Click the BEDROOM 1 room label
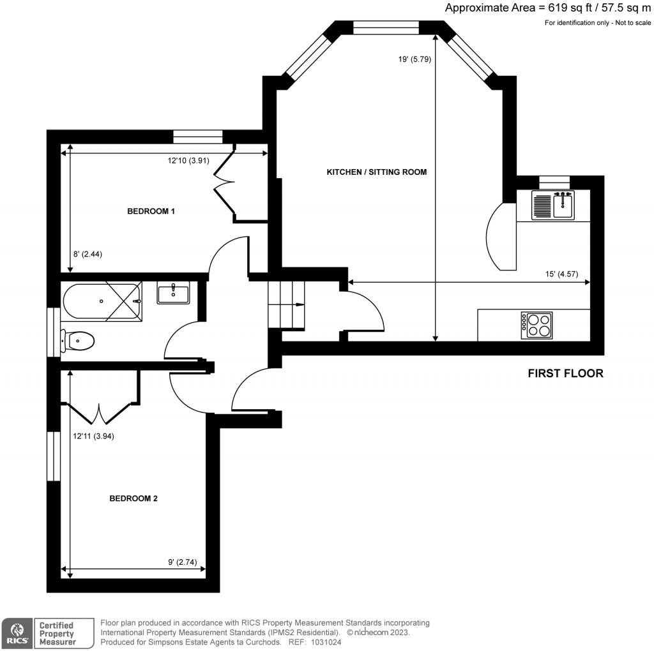(x=151, y=211)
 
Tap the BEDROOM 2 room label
(x=133, y=498)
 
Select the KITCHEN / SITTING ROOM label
(x=376, y=172)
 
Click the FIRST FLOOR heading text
(x=565, y=373)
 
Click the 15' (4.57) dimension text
(x=561, y=274)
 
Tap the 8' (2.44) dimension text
(x=88, y=254)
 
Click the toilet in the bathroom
(x=79, y=341)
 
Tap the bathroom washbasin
(x=173, y=294)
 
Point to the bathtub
(x=102, y=302)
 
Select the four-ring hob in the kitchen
(x=536, y=324)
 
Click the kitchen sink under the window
(x=553, y=204)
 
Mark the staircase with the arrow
(x=287, y=306)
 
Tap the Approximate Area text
(x=549, y=8)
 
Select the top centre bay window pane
(x=386, y=27)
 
